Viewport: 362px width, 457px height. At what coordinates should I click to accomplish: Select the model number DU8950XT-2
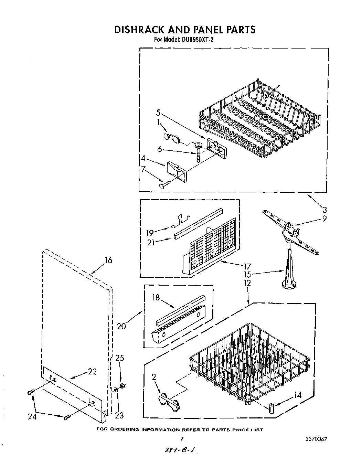pyautogui.click(x=196, y=40)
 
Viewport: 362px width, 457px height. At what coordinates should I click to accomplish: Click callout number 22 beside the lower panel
pyautogui.click(x=92, y=372)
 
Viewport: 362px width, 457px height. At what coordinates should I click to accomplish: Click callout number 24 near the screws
pyautogui.click(x=33, y=417)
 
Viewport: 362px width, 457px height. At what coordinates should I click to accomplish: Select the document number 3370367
pyautogui.click(x=316, y=439)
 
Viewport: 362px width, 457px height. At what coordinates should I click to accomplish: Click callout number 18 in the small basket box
pyautogui.click(x=156, y=297)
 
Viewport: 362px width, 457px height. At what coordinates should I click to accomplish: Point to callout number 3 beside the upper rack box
pyautogui.click(x=324, y=210)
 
